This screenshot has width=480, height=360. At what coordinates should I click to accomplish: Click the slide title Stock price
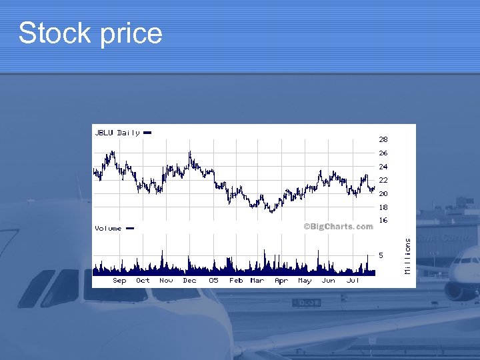point(91,33)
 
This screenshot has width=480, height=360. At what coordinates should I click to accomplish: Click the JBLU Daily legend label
point(117,133)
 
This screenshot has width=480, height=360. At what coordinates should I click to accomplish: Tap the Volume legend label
point(108,228)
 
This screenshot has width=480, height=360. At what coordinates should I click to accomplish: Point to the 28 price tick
point(383,140)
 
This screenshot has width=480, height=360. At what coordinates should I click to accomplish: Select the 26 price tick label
point(383,153)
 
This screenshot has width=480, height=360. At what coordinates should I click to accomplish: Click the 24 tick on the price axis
point(383,167)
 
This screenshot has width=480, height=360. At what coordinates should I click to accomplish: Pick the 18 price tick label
point(383,207)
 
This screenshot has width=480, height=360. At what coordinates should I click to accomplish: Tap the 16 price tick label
point(383,220)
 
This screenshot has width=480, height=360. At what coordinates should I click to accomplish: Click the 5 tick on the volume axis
point(381,255)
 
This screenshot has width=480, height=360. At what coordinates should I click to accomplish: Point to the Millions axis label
point(408,256)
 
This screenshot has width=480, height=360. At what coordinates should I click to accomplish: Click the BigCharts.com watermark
point(338,226)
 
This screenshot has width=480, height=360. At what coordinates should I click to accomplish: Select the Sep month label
point(119,281)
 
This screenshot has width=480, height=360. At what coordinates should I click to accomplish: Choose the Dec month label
point(190,281)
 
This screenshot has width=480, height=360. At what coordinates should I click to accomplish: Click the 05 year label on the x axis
point(213,281)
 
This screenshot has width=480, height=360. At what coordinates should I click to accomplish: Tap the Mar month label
point(257,281)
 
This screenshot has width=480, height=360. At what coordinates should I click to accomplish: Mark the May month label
point(305,281)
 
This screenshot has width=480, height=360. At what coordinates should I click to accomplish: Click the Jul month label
point(353,281)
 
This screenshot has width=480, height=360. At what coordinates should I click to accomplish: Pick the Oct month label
point(143,281)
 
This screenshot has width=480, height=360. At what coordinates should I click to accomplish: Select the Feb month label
point(236,281)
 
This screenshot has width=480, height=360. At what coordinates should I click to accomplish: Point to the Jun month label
point(328,281)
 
